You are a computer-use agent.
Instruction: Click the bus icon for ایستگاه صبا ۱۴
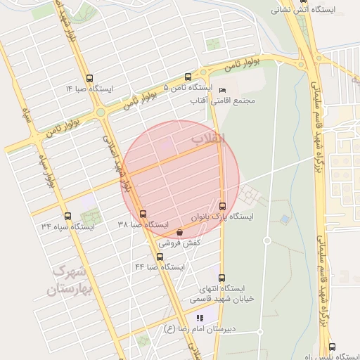tap(89, 78)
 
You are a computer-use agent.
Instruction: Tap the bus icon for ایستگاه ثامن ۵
tap(188, 77)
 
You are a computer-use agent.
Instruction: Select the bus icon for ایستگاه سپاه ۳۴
tap(67, 216)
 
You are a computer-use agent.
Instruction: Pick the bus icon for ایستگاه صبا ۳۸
tap(143, 214)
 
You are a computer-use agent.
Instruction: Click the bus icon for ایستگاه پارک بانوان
tap(223, 206)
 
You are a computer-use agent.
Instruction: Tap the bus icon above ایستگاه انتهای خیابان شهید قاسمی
tap(222, 278)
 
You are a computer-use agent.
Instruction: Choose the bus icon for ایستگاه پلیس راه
tap(332, 347)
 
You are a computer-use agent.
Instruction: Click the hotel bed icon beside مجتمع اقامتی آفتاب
tap(223, 90)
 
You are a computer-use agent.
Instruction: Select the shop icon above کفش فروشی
tap(180, 232)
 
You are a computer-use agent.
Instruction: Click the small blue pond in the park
tap(284, 219)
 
